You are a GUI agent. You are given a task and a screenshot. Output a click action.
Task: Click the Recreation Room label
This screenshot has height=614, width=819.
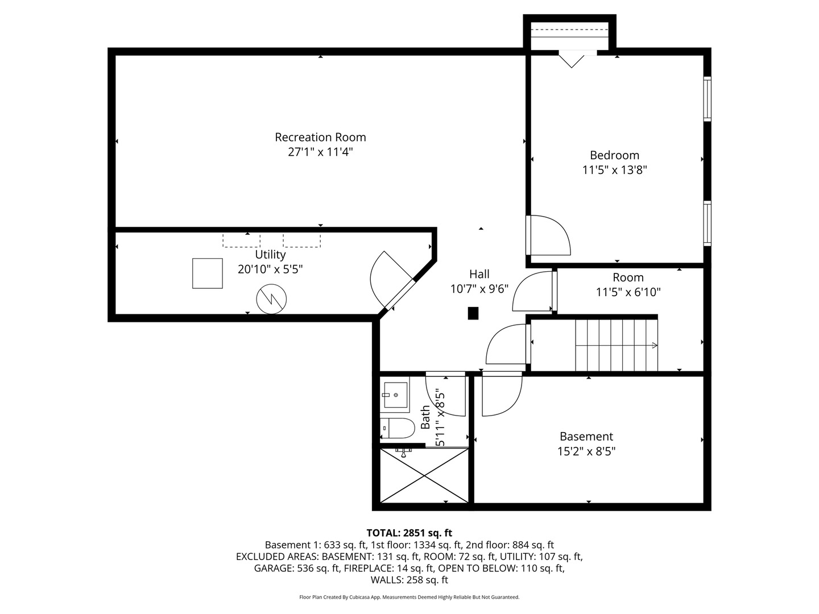(320, 137)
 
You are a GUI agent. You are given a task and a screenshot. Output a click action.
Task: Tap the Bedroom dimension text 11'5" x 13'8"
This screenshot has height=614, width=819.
(614, 169)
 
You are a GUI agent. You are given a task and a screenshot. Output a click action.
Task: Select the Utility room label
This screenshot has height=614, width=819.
(270, 254)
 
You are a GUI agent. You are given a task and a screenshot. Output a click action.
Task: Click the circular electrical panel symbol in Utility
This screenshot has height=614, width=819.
(271, 298)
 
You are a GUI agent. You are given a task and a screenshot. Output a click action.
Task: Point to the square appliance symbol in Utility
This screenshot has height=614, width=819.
(207, 273)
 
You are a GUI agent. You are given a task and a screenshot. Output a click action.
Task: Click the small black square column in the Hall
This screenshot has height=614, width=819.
(473, 313)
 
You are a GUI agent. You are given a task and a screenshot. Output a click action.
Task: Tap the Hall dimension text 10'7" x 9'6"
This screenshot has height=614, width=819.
(479, 289)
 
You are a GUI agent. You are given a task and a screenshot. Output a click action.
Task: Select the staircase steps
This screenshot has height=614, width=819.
(616, 345)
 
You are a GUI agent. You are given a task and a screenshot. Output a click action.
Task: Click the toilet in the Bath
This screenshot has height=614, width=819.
(398, 428)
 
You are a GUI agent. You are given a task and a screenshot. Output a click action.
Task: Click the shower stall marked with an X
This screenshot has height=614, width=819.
(424, 475)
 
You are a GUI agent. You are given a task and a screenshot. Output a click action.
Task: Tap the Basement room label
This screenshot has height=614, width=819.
(586, 436)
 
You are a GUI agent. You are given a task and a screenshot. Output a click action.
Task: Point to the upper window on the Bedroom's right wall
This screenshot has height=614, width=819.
(707, 99)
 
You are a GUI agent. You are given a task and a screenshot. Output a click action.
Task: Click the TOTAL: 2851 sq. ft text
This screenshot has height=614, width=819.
(409, 533)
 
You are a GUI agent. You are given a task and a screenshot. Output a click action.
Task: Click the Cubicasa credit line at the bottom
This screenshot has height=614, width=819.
(409, 597)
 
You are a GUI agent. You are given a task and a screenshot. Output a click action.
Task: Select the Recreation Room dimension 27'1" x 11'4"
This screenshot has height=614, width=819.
(320, 152)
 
